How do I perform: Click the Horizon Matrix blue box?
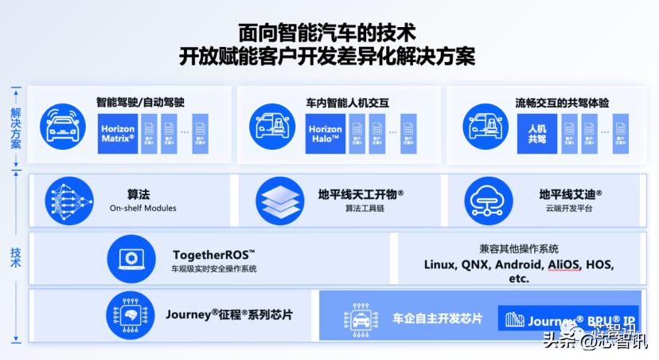click(118, 133)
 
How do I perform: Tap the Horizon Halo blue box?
click(326, 134)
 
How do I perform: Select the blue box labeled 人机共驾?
click(537, 133)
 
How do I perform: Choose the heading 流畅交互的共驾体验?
click(562, 103)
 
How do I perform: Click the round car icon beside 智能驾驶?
click(63, 126)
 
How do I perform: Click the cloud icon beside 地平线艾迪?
click(488, 199)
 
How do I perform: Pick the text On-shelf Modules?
click(143, 209)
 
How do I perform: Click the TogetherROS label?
click(213, 255)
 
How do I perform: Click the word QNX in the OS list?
click(474, 264)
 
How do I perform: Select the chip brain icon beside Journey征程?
click(131, 315)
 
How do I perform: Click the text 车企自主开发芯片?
click(438, 319)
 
